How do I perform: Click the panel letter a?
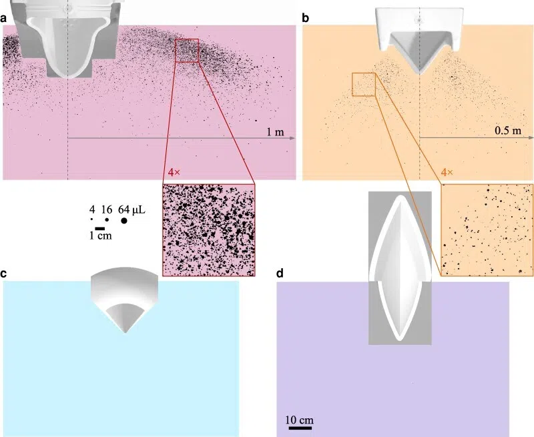[3, 19]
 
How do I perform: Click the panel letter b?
[306, 18]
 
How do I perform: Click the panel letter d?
[280, 274]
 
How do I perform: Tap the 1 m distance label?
[275, 131]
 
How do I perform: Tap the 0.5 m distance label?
[508, 131]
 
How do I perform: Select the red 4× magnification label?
[174, 172]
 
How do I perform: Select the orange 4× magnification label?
[447, 172]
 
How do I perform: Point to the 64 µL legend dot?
[124, 221]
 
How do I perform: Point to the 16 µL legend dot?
[107, 220]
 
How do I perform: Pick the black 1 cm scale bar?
[99, 228]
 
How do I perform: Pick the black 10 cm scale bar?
[298, 428]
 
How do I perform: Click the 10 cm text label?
[299, 420]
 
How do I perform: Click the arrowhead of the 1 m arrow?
[292, 138]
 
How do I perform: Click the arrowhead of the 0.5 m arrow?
[531, 137]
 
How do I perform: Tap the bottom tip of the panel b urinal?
[419, 74]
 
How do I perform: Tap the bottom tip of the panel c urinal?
[125, 332]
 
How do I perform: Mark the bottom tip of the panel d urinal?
[400, 340]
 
